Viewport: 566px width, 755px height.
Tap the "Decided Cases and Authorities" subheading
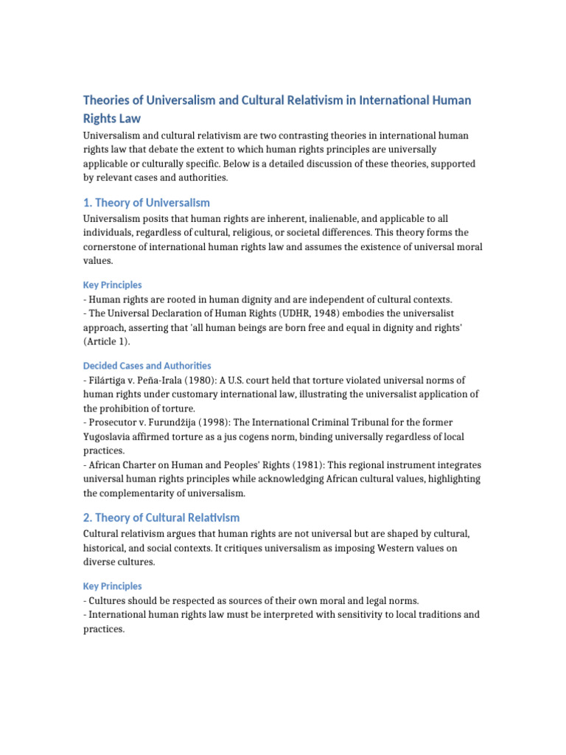pos(147,366)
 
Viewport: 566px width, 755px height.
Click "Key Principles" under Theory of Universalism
pos(112,285)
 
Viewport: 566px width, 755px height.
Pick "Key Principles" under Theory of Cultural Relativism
pos(112,586)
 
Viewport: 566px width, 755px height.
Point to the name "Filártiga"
pos(108,380)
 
